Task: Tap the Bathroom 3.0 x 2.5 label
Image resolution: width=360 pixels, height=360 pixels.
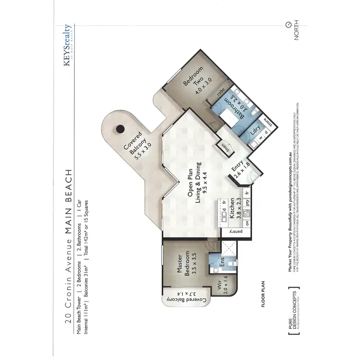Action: (238, 107)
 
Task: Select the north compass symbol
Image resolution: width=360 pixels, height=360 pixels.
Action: (288, 25)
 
